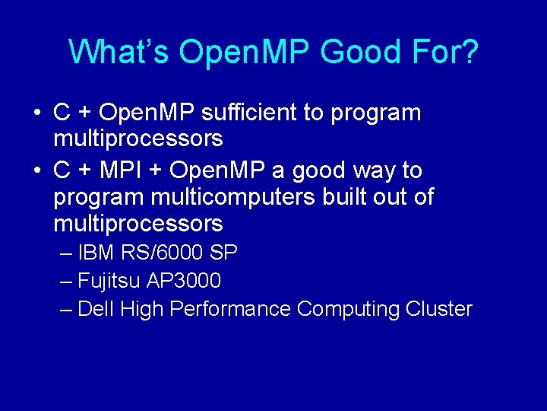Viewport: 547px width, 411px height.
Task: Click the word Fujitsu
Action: (x=109, y=281)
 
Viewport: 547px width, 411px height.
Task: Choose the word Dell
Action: (x=96, y=309)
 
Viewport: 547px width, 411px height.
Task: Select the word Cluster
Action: (x=439, y=309)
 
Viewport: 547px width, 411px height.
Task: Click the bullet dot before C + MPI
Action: (x=37, y=170)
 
